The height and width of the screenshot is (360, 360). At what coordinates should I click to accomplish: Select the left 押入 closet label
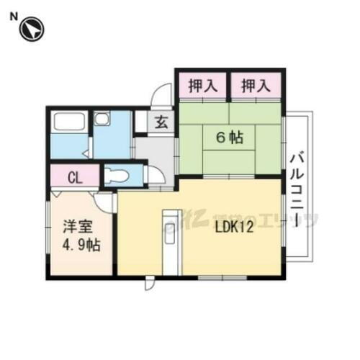202,86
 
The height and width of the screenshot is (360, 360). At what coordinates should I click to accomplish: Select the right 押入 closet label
256,86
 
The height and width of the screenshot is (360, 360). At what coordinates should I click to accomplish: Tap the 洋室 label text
71,225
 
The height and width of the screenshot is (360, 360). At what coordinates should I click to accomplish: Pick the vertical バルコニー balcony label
296,189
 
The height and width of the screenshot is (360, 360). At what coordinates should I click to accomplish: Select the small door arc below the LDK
149,283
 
